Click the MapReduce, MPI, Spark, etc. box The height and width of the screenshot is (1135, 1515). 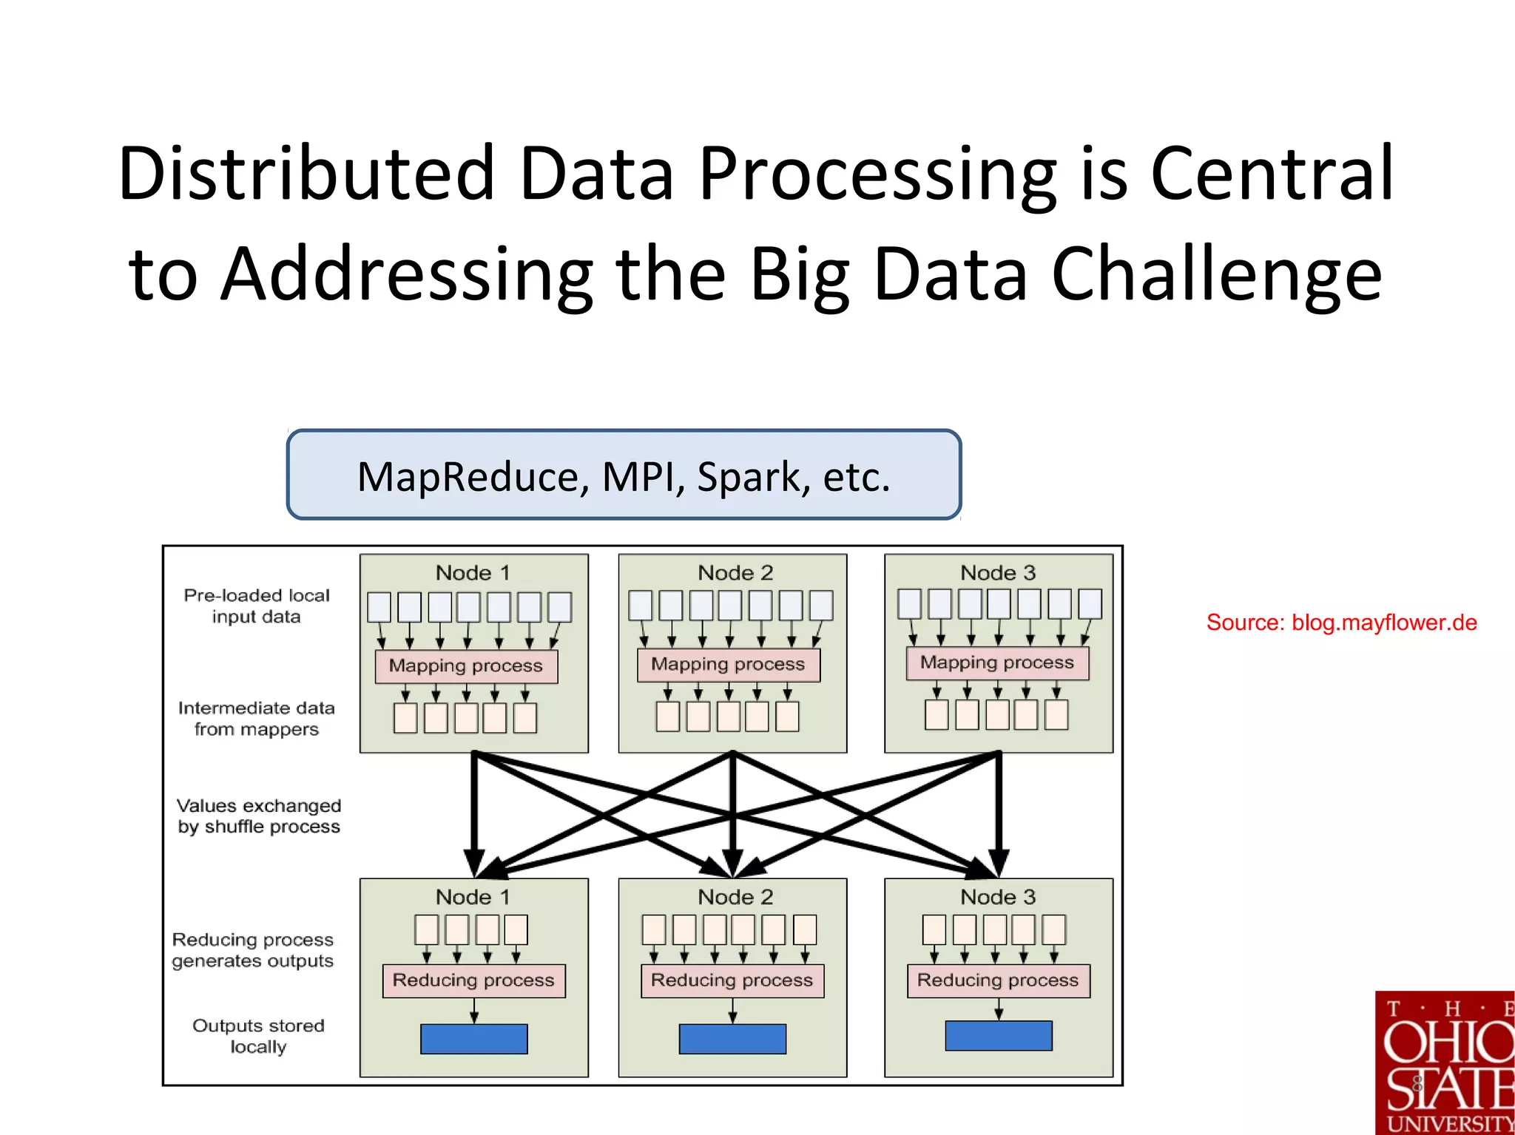pos(624,475)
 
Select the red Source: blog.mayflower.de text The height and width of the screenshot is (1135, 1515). pos(1341,623)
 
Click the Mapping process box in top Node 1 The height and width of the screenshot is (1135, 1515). pos(466,666)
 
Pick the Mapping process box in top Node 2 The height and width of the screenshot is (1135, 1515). pos(729,665)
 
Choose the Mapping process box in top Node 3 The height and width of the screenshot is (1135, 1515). pos(997,663)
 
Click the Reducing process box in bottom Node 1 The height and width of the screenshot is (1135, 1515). pos(473,980)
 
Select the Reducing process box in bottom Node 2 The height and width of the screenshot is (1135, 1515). pos(732,980)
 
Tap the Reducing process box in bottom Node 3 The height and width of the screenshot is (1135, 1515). pos(998,980)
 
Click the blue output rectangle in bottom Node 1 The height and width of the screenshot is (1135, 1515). pos(473,1039)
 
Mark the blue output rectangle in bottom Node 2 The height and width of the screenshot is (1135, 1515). pos(732,1039)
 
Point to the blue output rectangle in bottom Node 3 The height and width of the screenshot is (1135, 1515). pos(998,1036)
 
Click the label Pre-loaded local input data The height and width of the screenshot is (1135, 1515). pos(257,606)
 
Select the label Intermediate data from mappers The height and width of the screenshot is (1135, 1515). pos(257,719)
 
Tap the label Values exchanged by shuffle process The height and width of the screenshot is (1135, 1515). pos(259,816)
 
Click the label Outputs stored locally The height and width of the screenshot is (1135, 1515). pos(258,1036)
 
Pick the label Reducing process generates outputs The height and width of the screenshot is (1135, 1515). pos(253,950)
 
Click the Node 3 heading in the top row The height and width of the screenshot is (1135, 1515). pos(997,573)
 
